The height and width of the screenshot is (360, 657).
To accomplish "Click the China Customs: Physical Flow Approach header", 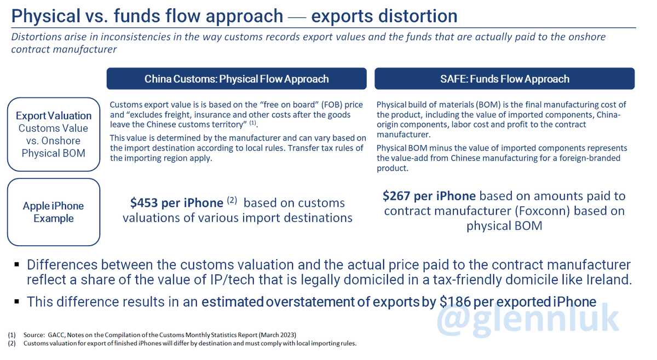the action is [237, 79].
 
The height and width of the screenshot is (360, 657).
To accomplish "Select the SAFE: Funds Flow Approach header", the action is [504, 79].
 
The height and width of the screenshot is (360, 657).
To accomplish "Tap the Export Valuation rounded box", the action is [54, 134].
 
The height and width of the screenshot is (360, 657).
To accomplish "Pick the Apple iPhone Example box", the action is [54, 212].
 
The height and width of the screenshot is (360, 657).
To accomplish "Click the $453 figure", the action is [143, 203].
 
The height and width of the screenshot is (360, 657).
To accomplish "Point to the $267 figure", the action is [396, 196].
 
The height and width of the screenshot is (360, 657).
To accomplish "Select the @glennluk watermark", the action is [528, 319].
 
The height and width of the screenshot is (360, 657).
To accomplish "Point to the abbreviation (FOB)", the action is [331, 104].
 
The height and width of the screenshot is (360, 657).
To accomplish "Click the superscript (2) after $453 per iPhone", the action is [232, 200].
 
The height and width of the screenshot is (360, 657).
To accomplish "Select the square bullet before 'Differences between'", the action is [17, 265].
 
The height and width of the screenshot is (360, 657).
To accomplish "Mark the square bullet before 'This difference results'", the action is [17, 301].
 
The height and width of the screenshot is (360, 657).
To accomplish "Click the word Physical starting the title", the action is [46, 16].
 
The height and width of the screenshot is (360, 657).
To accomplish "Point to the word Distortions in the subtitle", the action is [36, 37].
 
